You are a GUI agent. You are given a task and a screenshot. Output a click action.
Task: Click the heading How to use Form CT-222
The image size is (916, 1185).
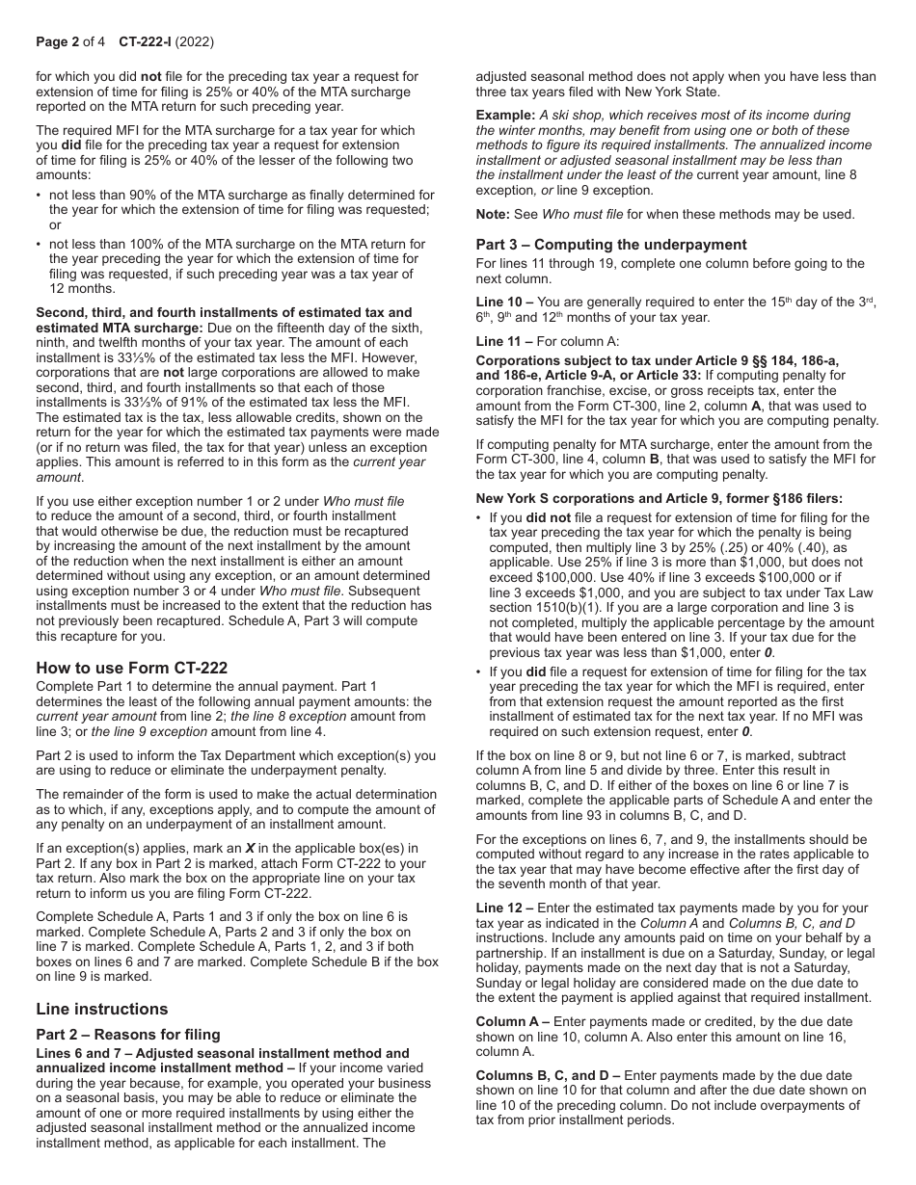click(x=131, y=668)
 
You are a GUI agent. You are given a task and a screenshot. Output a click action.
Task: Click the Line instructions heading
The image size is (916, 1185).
click(x=101, y=1009)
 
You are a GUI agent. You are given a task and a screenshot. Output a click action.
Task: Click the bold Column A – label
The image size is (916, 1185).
click(x=512, y=1021)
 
